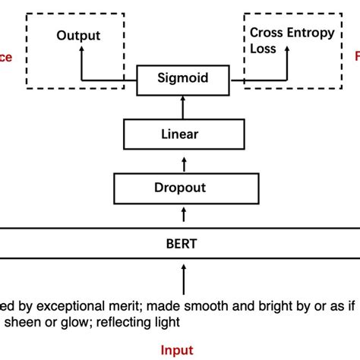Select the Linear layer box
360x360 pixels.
point(180,134)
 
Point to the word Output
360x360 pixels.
point(78,36)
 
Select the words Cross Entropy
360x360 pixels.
point(288,32)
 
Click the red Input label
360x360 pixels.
point(176,350)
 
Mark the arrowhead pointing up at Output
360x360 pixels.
point(80,51)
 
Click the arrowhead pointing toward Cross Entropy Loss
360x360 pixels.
point(286,51)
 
